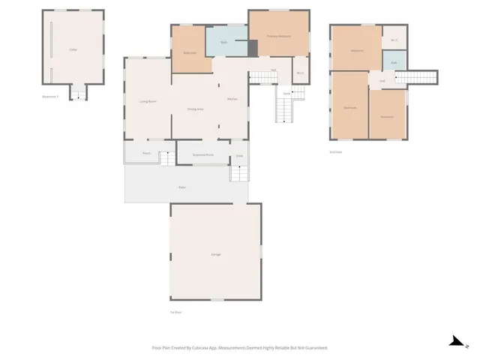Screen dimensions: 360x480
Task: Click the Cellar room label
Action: click(73, 49)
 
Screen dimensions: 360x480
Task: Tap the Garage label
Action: click(216, 255)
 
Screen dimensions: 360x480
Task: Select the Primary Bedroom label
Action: click(278, 35)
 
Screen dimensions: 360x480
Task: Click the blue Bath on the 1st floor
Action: click(224, 43)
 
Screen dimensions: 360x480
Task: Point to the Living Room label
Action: click(148, 101)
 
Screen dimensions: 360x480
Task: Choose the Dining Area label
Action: click(196, 109)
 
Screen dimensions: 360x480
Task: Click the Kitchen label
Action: click(232, 100)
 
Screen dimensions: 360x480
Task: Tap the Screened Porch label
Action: click(203, 154)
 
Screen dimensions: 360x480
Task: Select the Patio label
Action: click(182, 186)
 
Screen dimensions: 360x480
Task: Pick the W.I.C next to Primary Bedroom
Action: click(300, 73)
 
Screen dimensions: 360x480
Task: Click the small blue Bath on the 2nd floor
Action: click(394, 62)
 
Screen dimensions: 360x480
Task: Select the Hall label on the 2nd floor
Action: click(382, 81)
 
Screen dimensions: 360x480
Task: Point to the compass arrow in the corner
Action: click(454, 341)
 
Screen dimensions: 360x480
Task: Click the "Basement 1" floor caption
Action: click(51, 97)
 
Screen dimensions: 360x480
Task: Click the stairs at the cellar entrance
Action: click(78, 94)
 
